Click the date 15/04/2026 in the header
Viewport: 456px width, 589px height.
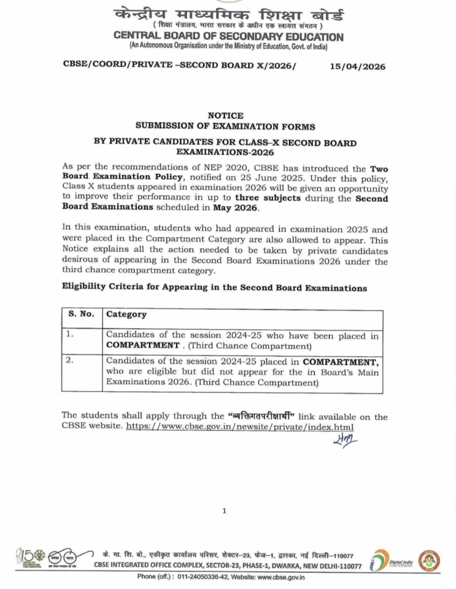[357, 67]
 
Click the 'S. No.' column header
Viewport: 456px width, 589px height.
[81, 315]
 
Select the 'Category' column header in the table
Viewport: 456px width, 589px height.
[127, 315]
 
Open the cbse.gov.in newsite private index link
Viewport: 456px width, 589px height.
[239, 427]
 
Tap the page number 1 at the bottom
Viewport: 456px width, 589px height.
[225, 511]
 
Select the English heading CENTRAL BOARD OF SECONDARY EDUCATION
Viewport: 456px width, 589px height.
[228, 37]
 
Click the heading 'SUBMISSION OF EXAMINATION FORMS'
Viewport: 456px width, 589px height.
[225, 126]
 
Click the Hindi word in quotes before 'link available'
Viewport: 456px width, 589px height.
[262, 417]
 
